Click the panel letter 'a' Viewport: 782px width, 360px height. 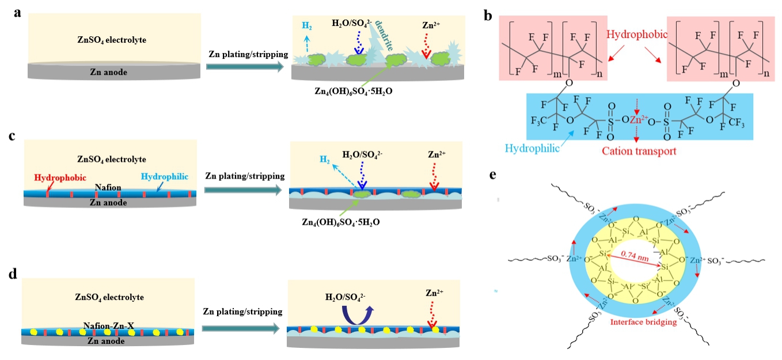(18, 13)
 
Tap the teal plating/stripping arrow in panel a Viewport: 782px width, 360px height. (244, 67)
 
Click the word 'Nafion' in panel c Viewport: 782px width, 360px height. (108, 187)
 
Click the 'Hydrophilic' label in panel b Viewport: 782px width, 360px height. (532, 149)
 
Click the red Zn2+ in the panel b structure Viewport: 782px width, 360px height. (636, 120)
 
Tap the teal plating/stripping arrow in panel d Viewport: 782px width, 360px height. (244, 328)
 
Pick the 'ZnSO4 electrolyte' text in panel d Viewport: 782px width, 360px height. (108, 297)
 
